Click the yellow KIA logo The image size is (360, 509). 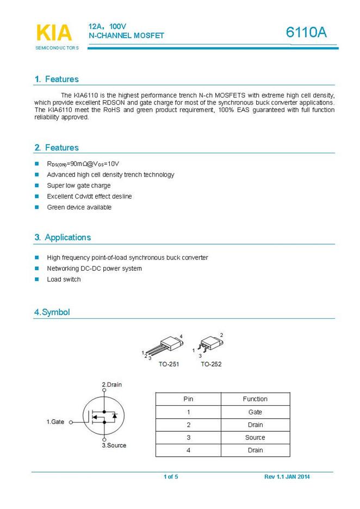tap(54, 33)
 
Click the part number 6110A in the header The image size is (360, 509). tap(306, 33)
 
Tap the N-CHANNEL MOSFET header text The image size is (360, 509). tap(126, 35)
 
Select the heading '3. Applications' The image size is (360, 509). tap(63, 237)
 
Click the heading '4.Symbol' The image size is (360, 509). tap(52, 312)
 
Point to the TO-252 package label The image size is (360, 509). tap(211, 364)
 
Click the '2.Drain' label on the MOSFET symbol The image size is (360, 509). tap(112, 384)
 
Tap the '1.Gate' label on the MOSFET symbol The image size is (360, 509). tap(55, 421)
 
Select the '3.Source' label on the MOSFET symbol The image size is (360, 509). tap(114, 445)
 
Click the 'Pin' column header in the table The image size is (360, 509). tap(188, 399)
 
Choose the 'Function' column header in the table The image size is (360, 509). tap(255, 399)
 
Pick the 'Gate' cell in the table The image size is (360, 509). tap(255, 412)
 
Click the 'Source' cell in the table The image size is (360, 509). tap(255, 437)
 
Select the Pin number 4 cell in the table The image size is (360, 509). tap(188, 450)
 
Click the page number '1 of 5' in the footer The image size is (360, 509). tap(171, 477)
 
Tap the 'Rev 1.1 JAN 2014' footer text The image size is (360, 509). tap(287, 477)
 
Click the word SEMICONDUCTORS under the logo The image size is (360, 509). tap(57, 48)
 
